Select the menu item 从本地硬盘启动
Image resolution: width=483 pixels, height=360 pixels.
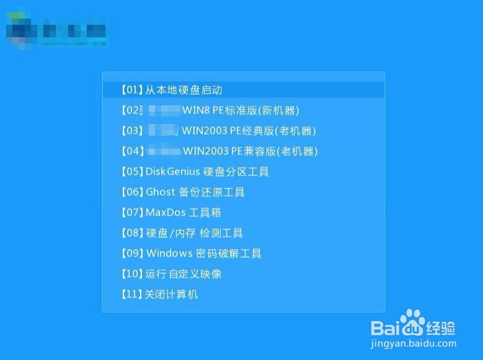[x=183, y=90]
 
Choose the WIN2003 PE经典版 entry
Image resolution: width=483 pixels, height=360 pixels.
[x=249, y=131]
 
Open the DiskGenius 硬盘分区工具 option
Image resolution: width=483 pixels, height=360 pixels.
[x=206, y=172]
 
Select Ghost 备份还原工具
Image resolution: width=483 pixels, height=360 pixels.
[x=195, y=192]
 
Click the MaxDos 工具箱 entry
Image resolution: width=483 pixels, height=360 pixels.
[x=183, y=213]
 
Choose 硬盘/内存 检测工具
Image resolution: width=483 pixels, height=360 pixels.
[x=194, y=233]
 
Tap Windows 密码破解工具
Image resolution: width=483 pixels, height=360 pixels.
[x=203, y=253]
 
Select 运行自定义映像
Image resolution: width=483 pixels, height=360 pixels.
[x=183, y=274]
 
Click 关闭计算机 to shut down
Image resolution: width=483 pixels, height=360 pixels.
[x=171, y=294]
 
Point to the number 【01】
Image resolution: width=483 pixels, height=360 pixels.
[x=131, y=90]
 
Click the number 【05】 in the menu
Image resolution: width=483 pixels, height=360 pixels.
[x=131, y=172]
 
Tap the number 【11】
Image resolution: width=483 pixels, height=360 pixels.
[x=131, y=294]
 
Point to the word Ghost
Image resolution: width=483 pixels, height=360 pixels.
[x=161, y=192]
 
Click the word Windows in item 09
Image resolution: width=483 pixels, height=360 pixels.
[x=169, y=253]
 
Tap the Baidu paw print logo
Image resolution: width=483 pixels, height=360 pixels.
[x=412, y=322]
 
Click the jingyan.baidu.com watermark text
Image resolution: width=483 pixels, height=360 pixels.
[x=414, y=343]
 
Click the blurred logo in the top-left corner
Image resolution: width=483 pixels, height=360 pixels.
[x=56, y=30]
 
